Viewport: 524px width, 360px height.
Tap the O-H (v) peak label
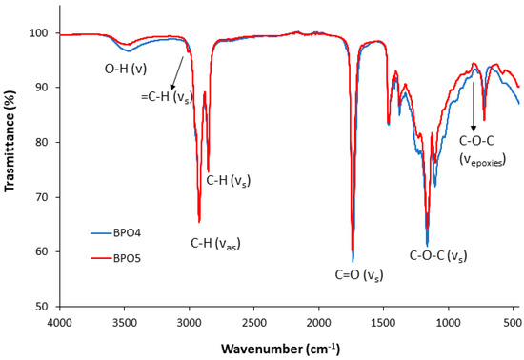(x=126, y=70)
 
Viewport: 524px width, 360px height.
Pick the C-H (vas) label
(x=215, y=244)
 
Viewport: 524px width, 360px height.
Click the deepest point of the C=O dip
(x=353, y=260)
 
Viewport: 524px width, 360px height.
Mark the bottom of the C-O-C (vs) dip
(x=427, y=246)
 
